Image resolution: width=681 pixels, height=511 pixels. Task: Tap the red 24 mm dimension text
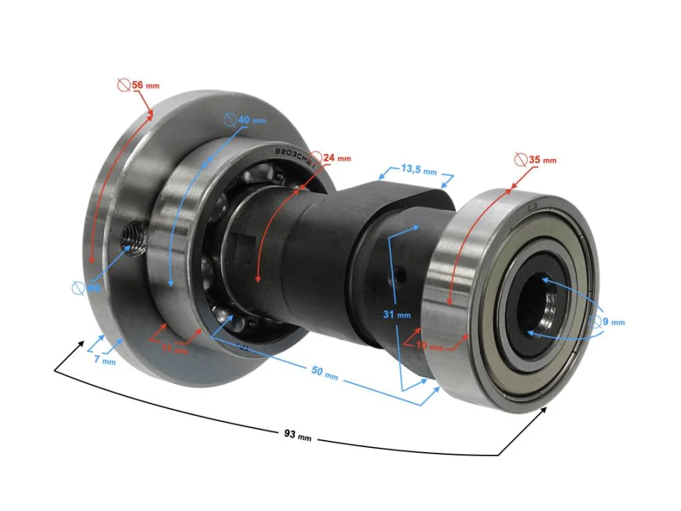(336, 158)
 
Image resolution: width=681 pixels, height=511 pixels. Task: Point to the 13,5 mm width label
(418, 170)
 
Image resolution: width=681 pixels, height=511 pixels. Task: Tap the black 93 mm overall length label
(296, 435)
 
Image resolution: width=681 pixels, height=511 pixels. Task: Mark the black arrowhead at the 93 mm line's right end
(544, 410)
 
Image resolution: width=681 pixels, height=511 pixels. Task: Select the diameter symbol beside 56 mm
(123, 85)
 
